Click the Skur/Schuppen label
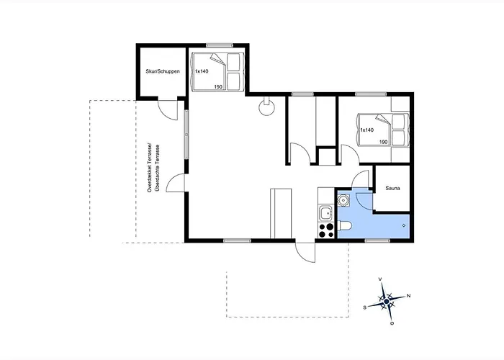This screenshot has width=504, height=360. pos(163,71)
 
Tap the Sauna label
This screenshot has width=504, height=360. pos(392,189)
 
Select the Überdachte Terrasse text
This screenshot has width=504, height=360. pos(157,168)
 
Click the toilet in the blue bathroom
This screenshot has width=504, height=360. pos(345,226)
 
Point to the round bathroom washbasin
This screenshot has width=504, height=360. pos(343,200)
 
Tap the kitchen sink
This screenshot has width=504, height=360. pos(326,213)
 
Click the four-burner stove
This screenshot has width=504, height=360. pos(326,230)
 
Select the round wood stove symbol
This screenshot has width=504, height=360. pos(267,107)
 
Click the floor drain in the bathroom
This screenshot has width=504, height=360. pos(404,225)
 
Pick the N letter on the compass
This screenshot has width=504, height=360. pos(408,296)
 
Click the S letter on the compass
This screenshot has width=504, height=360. pos(365,307)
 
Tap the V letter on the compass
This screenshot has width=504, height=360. pos(381,279)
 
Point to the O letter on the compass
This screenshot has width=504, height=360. pos(392,323)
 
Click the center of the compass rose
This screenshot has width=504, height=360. pos(387,302)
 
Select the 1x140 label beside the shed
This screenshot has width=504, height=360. pos(202,71)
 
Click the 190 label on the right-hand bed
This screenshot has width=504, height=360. pos(384,142)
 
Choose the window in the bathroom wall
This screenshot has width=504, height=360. pos(377,240)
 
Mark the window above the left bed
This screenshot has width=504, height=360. pos(220,45)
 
